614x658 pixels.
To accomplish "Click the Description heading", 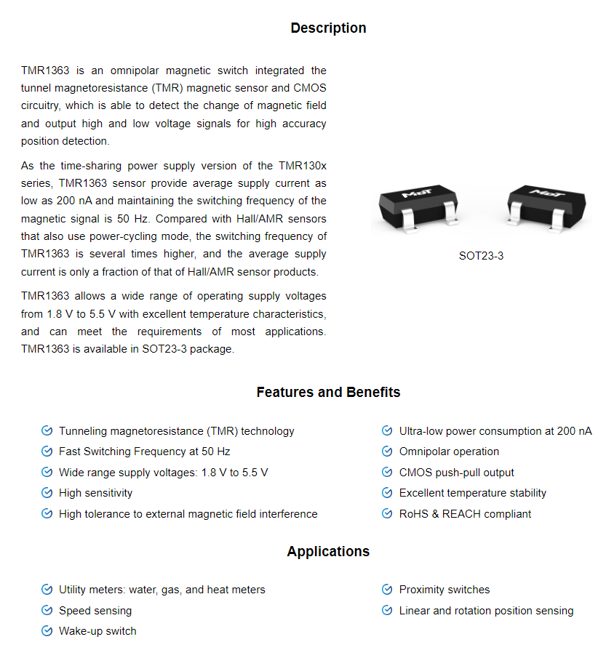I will click(x=328, y=28).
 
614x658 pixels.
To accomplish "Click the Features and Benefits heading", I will click(x=328, y=393).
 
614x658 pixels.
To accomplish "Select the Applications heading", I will click(x=328, y=552).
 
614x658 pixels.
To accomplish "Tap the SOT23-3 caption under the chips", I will click(x=481, y=256).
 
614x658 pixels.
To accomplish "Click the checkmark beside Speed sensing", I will click(x=47, y=611).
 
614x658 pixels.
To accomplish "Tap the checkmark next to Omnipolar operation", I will click(x=387, y=452).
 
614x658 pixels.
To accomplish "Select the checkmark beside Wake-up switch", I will click(x=47, y=631).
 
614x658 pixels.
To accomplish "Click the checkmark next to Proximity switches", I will click(x=387, y=590).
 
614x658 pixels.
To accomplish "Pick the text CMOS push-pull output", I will click(x=456, y=473).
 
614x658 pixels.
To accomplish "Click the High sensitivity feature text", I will click(x=95, y=493).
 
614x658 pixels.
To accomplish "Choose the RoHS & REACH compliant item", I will click(x=465, y=514).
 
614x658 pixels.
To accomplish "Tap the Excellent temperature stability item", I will click(x=472, y=493).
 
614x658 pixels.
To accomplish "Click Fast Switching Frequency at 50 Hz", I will click(x=144, y=452).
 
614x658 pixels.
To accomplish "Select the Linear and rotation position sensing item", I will click(x=486, y=611).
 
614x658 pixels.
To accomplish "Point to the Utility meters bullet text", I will click(x=162, y=590).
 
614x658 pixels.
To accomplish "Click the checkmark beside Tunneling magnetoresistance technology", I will click(x=47, y=431).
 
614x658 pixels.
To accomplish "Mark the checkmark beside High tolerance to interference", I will click(x=47, y=514).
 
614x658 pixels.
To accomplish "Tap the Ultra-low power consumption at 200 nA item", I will click(x=495, y=431).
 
